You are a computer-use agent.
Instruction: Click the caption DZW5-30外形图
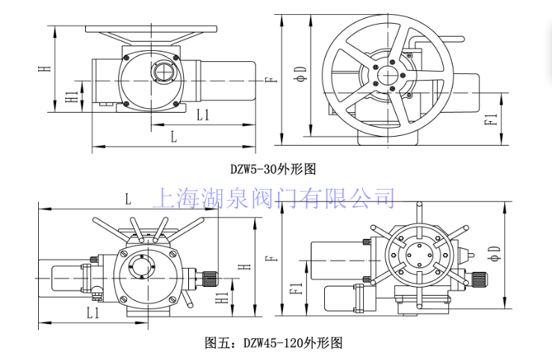point(273,170)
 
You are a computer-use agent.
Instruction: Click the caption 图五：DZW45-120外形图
point(273,344)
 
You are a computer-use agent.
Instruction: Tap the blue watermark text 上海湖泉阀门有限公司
point(273,199)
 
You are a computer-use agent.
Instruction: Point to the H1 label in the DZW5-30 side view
point(69,98)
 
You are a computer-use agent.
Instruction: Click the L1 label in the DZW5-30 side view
point(202,115)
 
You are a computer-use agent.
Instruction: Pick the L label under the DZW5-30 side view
point(173,136)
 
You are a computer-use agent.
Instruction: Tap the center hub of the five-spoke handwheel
point(388,75)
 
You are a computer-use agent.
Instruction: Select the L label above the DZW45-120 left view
point(128,199)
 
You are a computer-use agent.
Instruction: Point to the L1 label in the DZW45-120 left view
point(93,312)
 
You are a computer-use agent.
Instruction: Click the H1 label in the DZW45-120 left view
point(222,298)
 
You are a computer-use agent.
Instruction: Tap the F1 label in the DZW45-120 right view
point(295,285)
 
